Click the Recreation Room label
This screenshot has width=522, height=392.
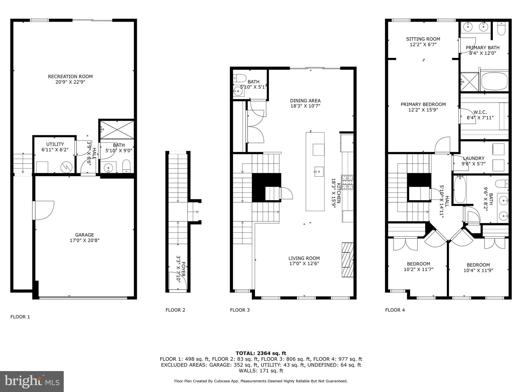(70, 77)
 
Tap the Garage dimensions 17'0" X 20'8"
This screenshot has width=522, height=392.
(84, 240)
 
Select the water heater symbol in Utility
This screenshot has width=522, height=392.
(67, 167)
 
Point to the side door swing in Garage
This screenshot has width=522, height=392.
(43, 210)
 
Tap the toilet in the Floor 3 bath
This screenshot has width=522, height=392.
(239, 78)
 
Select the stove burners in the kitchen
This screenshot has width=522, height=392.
(347, 182)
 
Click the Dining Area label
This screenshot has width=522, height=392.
(305, 101)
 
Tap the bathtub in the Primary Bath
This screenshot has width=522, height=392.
(494, 81)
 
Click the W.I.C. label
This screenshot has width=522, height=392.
(480, 112)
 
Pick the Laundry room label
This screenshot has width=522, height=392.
(474, 158)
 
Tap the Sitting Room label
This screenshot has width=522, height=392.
(423, 39)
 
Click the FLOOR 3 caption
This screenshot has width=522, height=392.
(240, 310)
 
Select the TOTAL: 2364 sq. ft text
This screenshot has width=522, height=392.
(261, 353)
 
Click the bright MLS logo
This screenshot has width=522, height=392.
(32, 381)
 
